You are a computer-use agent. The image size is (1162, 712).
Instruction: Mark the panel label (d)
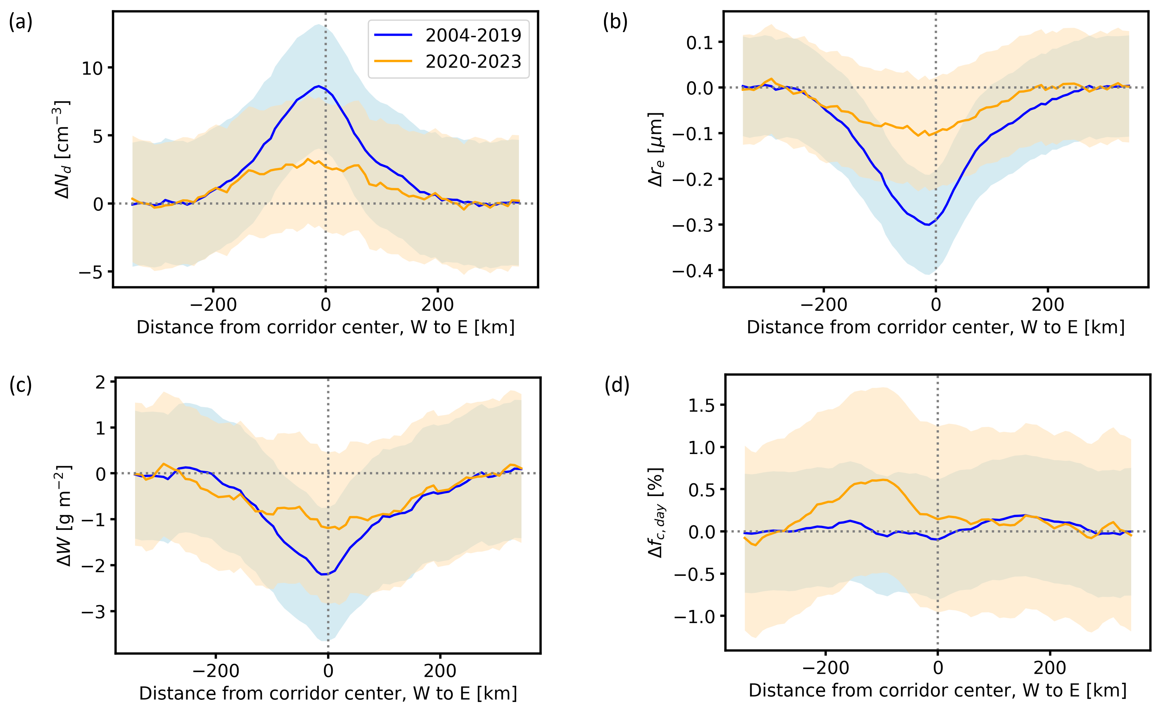click(x=617, y=385)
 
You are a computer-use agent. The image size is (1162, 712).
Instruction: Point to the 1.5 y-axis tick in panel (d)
click(x=701, y=405)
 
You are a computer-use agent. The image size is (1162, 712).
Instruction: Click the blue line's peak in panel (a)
click(x=319, y=86)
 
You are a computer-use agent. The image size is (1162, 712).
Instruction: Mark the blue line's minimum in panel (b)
click(x=928, y=225)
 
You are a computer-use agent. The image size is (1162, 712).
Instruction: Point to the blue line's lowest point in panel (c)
click(x=323, y=574)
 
